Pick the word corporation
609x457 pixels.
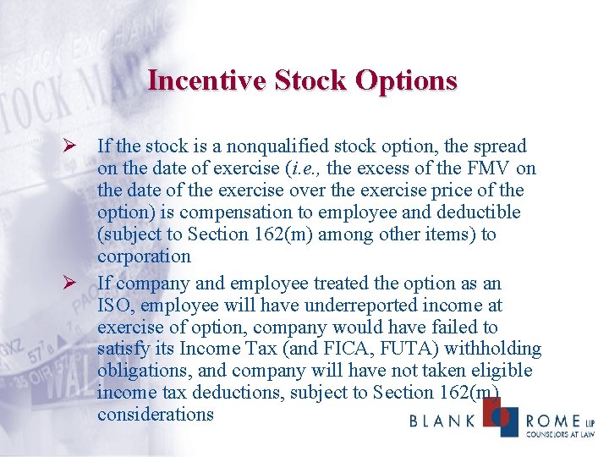coord(144,256)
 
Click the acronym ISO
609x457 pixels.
coord(114,305)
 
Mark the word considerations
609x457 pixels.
coord(156,414)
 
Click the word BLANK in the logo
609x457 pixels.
coord(441,421)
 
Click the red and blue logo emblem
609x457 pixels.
coord(498,416)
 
